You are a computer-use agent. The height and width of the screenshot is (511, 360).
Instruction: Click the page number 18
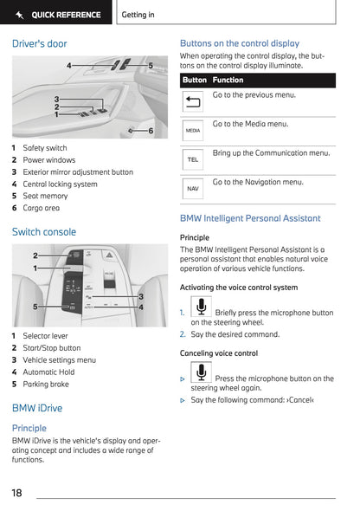17,493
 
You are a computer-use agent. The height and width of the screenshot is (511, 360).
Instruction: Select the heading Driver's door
39,43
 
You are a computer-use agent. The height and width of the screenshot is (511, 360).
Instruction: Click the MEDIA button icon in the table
193,130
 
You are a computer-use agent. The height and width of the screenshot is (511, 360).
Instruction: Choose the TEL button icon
193,160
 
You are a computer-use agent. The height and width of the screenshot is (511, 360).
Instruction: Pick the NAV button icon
193,188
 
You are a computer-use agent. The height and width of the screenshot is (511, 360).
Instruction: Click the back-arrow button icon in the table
193,101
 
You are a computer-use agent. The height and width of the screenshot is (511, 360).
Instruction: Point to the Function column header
228,80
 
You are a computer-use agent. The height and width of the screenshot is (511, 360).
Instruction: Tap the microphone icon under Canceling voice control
201,372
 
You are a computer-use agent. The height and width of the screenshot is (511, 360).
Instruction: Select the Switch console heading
44,232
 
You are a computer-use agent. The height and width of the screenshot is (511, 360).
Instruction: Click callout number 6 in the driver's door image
151,131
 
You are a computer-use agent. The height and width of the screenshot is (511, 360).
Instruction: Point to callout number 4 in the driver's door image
69,65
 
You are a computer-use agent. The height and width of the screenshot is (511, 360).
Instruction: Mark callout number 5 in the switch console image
35,307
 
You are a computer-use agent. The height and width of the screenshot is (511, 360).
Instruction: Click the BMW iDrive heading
37,408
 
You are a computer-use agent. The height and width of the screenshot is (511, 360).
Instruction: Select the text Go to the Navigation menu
258,183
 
